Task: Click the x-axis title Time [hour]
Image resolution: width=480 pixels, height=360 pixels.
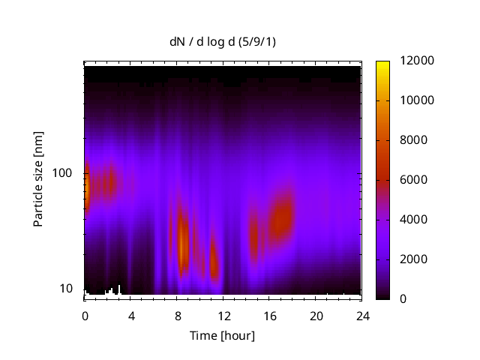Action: [222, 335]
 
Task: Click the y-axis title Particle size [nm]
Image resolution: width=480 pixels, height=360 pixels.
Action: [38, 183]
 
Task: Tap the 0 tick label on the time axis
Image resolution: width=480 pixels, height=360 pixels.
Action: [85, 315]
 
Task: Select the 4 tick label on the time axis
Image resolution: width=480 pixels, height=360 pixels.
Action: [131, 315]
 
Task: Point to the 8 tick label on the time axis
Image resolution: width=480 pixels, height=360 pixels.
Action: [178, 315]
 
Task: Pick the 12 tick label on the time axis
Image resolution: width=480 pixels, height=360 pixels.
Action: [223, 315]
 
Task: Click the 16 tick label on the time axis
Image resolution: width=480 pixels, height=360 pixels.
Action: [270, 315]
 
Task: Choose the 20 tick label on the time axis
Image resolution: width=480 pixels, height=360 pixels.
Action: [316, 315]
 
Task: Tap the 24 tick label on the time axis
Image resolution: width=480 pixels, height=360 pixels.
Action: [363, 315]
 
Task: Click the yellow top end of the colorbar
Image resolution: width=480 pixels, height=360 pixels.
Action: [383, 64]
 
